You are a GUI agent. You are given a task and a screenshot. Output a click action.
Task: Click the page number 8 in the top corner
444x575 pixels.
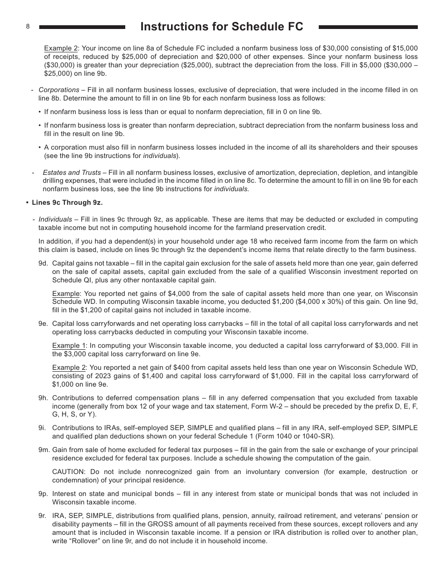[x=28, y=27]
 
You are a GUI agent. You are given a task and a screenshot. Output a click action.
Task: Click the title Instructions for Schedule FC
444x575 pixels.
[x=222, y=27]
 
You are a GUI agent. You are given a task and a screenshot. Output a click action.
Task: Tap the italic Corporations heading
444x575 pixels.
[x=59, y=90]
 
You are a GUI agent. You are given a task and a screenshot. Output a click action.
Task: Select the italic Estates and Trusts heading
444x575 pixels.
[x=72, y=172]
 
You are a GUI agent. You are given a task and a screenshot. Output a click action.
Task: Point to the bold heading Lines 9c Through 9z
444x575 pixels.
[x=67, y=202]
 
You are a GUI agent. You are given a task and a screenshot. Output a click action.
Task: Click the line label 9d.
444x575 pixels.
[x=43, y=263]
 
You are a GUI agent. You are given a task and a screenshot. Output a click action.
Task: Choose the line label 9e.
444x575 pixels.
[x=43, y=323]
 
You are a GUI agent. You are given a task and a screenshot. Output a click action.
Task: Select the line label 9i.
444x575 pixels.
[x=43, y=428]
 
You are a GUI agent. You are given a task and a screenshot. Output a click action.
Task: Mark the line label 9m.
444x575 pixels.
[x=44, y=450]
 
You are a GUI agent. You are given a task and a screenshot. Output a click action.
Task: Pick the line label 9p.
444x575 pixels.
[x=43, y=494]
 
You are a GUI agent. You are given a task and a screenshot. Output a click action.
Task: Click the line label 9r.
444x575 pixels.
[x=43, y=516]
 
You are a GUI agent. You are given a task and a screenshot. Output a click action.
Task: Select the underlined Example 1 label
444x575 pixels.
[x=69, y=345]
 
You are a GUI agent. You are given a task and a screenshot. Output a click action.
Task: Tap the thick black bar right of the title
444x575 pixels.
[x=368, y=27]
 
